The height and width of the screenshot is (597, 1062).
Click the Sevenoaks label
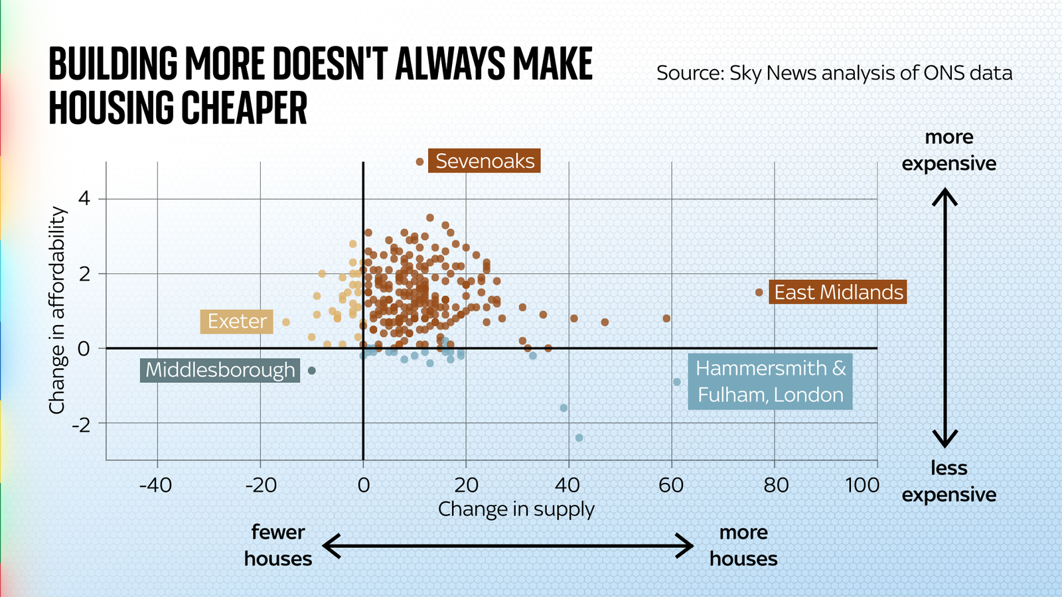pyautogui.click(x=485, y=161)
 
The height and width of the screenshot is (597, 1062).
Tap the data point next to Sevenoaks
pyautogui.click(x=419, y=162)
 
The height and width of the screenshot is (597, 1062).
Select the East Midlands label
pyautogui.click(x=838, y=293)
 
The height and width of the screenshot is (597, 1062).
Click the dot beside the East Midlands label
pyautogui.click(x=759, y=293)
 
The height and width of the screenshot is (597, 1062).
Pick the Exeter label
pyautogui.click(x=237, y=322)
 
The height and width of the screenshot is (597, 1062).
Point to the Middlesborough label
pyautogui.click(x=220, y=370)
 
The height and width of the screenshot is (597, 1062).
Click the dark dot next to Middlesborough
pyautogui.click(x=312, y=371)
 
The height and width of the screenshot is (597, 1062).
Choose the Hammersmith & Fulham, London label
pyautogui.click(x=771, y=381)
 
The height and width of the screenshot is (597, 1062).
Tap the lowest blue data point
pyautogui.click(x=579, y=438)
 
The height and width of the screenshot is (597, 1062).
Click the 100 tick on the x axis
pyautogui.click(x=862, y=486)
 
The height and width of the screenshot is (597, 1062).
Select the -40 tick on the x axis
pyautogui.click(x=155, y=486)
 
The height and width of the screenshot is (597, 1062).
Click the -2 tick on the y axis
pyautogui.click(x=80, y=424)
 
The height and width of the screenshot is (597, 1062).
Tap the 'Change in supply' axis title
pyautogui.click(x=516, y=509)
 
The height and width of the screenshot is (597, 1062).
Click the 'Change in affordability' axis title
pyautogui.click(x=58, y=310)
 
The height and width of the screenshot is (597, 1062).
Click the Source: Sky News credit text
pyautogui.click(x=834, y=73)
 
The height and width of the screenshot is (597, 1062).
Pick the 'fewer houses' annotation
pyautogui.click(x=278, y=545)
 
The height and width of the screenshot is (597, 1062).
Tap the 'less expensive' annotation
pyautogui.click(x=948, y=482)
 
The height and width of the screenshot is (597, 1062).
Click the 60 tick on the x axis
pyautogui.click(x=671, y=486)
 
